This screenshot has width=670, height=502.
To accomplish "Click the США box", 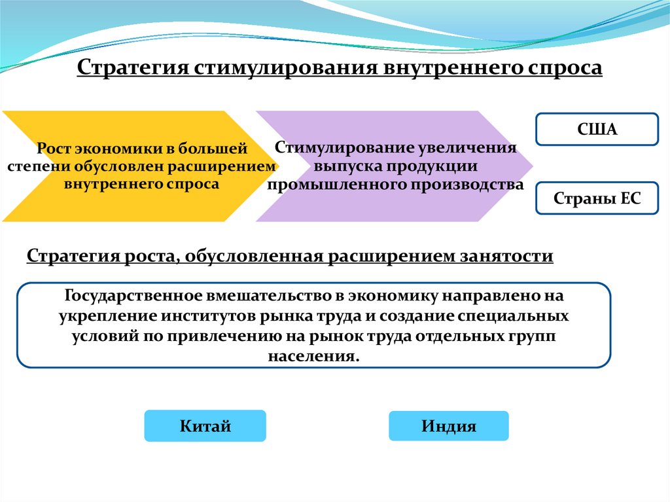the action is click(597, 129).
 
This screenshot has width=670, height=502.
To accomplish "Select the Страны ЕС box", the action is click(597, 199).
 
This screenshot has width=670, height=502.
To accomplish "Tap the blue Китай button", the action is click(205, 426).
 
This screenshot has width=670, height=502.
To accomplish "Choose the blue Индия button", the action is click(448, 426).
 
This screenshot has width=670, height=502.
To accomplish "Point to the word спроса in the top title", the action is click(565, 68).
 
